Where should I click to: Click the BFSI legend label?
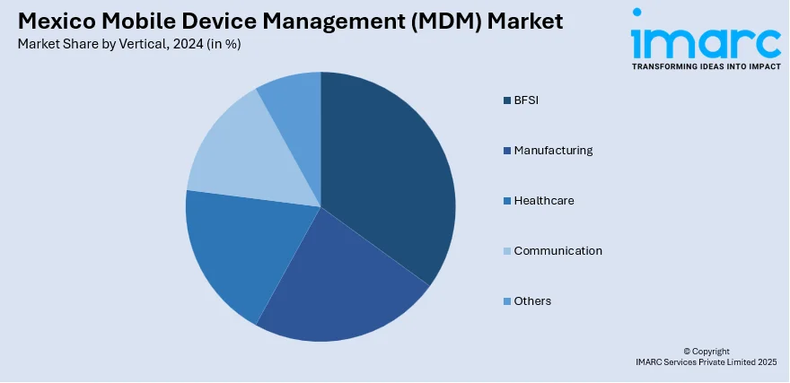(526, 100)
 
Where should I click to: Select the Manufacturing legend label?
(553, 150)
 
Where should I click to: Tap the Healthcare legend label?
(544, 200)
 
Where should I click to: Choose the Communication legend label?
(557, 250)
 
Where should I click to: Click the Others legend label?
(532, 300)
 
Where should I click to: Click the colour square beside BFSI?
(507, 100)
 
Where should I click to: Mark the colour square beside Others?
(507, 301)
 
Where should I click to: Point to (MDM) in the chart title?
(443, 22)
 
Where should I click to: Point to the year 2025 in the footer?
(766, 362)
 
